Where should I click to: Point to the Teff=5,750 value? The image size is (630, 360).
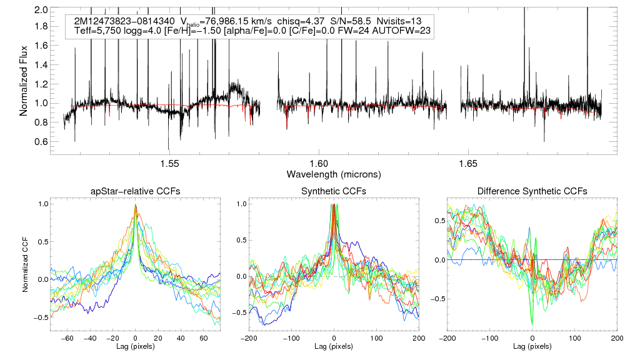99,30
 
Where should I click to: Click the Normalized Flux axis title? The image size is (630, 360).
25,76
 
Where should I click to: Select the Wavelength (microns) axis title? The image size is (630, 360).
333,173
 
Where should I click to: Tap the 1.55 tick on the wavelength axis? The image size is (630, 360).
170,164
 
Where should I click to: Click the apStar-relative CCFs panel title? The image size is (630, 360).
135,191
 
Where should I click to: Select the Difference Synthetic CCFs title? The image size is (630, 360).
532,191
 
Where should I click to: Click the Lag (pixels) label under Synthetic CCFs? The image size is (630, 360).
334,346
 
